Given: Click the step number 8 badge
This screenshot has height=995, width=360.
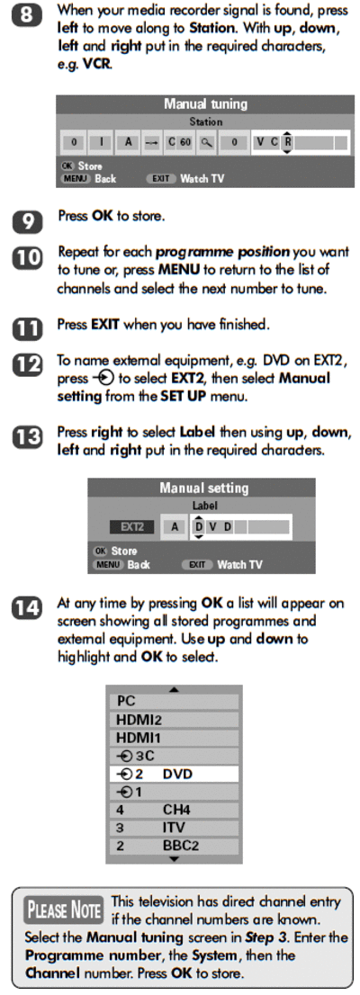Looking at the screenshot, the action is point(26,14).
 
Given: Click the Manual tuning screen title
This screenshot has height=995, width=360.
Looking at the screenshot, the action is point(205,104).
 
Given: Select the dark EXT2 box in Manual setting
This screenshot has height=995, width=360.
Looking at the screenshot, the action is point(132,526).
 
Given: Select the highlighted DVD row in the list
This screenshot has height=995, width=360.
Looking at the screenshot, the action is point(174,775).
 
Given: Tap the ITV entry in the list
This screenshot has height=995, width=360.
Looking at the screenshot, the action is point(174,828).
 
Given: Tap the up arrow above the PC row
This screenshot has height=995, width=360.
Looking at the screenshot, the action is point(175,689).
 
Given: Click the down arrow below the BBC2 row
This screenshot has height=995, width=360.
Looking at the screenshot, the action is point(175,859).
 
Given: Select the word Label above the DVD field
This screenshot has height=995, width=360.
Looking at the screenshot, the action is point(204,506).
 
